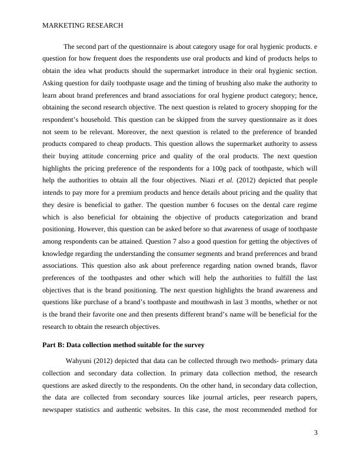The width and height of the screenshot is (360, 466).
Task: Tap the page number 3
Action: click(x=316, y=433)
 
